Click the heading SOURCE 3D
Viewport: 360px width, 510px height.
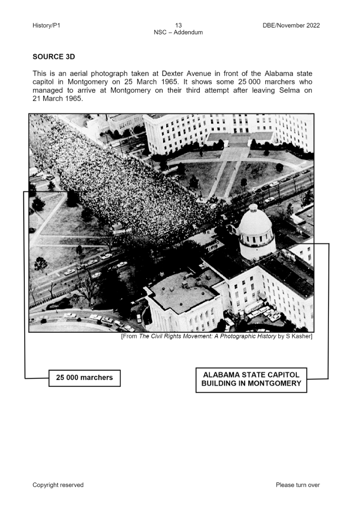click(x=54, y=57)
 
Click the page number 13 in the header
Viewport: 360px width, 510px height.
click(x=178, y=25)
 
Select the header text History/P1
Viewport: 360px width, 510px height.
click(x=46, y=25)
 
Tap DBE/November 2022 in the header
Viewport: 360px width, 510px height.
click(x=288, y=25)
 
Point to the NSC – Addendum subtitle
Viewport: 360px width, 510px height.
click(x=178, y=32)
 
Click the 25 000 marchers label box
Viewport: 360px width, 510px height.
click(x=84, y=378)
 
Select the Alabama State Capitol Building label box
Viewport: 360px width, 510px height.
click(x=251, y=379)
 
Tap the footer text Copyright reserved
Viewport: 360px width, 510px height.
click(x=58, y=485)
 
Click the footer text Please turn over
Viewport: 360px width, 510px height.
click(x=298, y=485)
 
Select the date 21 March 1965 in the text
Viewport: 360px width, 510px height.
click(x=57, y=99)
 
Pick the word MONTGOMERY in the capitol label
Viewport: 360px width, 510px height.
click(x=274, y=384)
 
